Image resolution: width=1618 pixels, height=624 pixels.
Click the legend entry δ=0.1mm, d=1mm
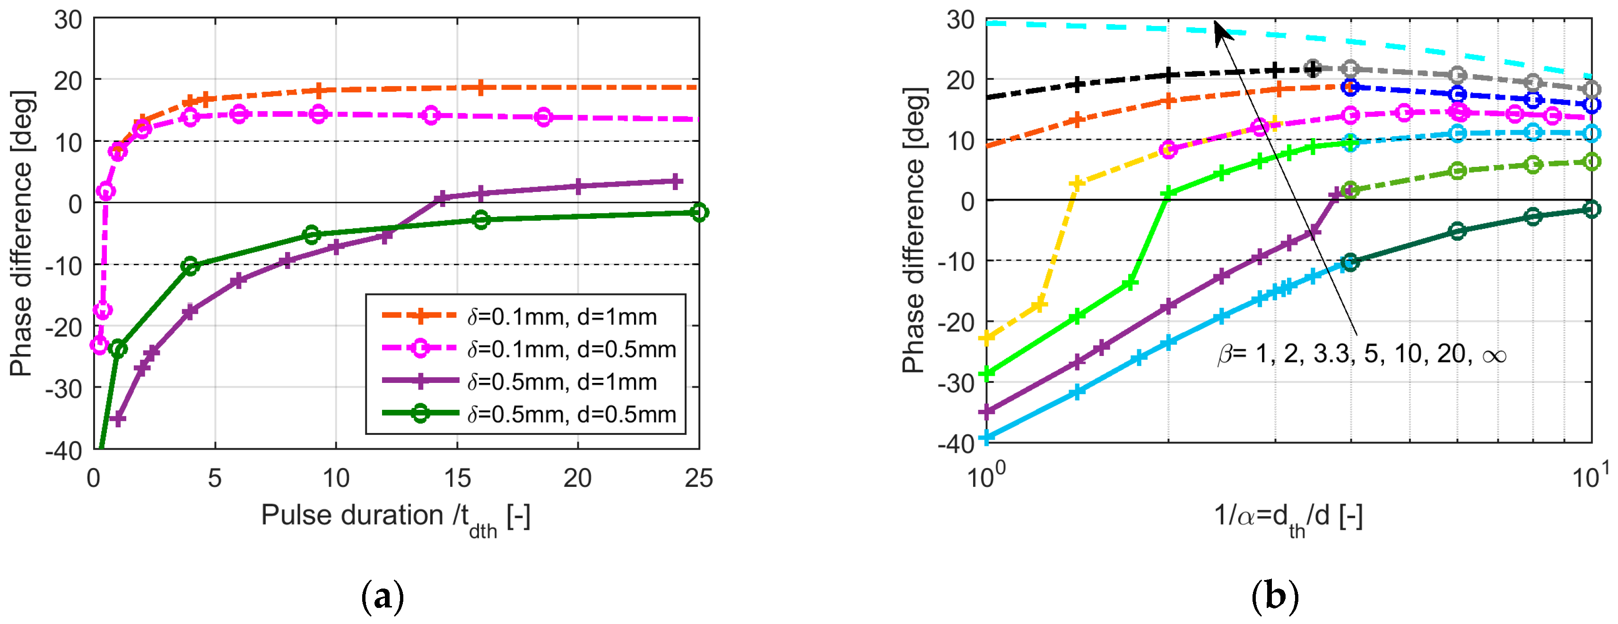click(x=562, y=317)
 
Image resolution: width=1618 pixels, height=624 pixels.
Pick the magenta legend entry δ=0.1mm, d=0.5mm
click(x=571, y=350)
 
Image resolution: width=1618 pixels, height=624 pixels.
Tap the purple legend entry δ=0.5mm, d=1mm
click(x=562, y=382)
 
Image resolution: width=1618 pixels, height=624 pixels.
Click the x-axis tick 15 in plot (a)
click(x=457, y=479)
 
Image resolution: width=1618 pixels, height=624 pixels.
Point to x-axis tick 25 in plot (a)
click(x=698, y=479)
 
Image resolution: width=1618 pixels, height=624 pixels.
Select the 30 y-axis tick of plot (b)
click(x=960, y=19)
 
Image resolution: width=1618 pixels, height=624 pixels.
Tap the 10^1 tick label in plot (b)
click(x=1591, y=476)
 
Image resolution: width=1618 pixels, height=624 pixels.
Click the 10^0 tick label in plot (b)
click(x=985, y=476)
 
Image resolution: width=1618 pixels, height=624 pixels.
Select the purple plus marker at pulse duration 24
click(x=675, y=182)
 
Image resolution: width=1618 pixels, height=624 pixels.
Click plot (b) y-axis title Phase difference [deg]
click(x=914, y=231)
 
